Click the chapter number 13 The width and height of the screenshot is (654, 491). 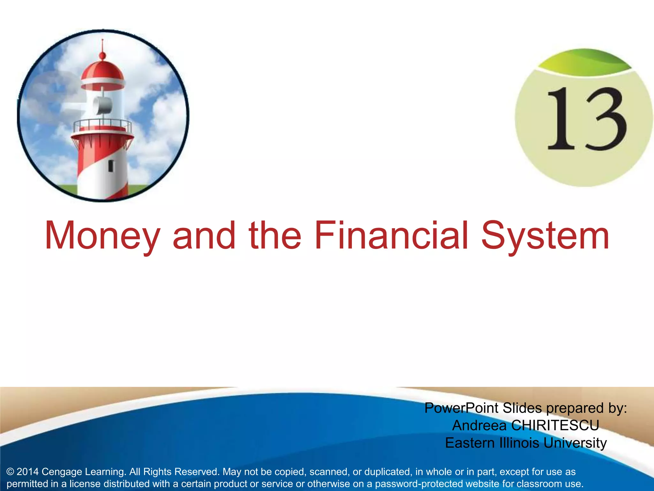point(586,119)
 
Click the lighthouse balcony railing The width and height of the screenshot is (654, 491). point(102,126)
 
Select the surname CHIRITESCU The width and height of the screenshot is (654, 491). point(555,425)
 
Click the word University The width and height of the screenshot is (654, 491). point(575,443)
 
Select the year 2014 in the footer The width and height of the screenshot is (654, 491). point(27,472)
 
